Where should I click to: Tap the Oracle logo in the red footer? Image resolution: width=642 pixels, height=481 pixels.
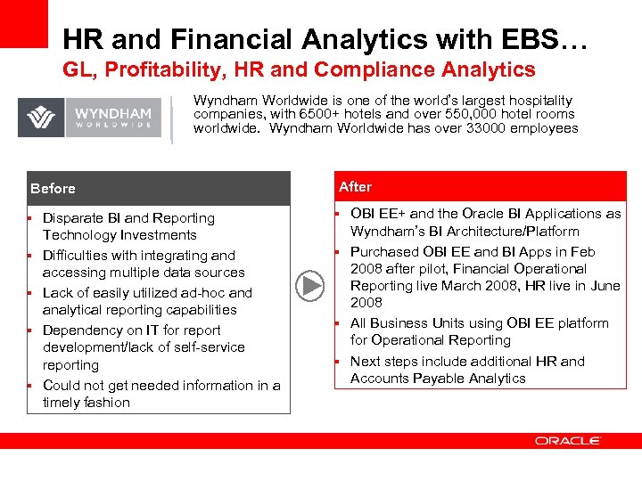coord(568,440)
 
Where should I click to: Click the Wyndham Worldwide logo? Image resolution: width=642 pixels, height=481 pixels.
coord(89,118)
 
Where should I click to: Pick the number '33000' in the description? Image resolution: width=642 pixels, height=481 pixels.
coord(473,128)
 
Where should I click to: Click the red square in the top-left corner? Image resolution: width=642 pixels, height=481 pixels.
coord(23,23)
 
